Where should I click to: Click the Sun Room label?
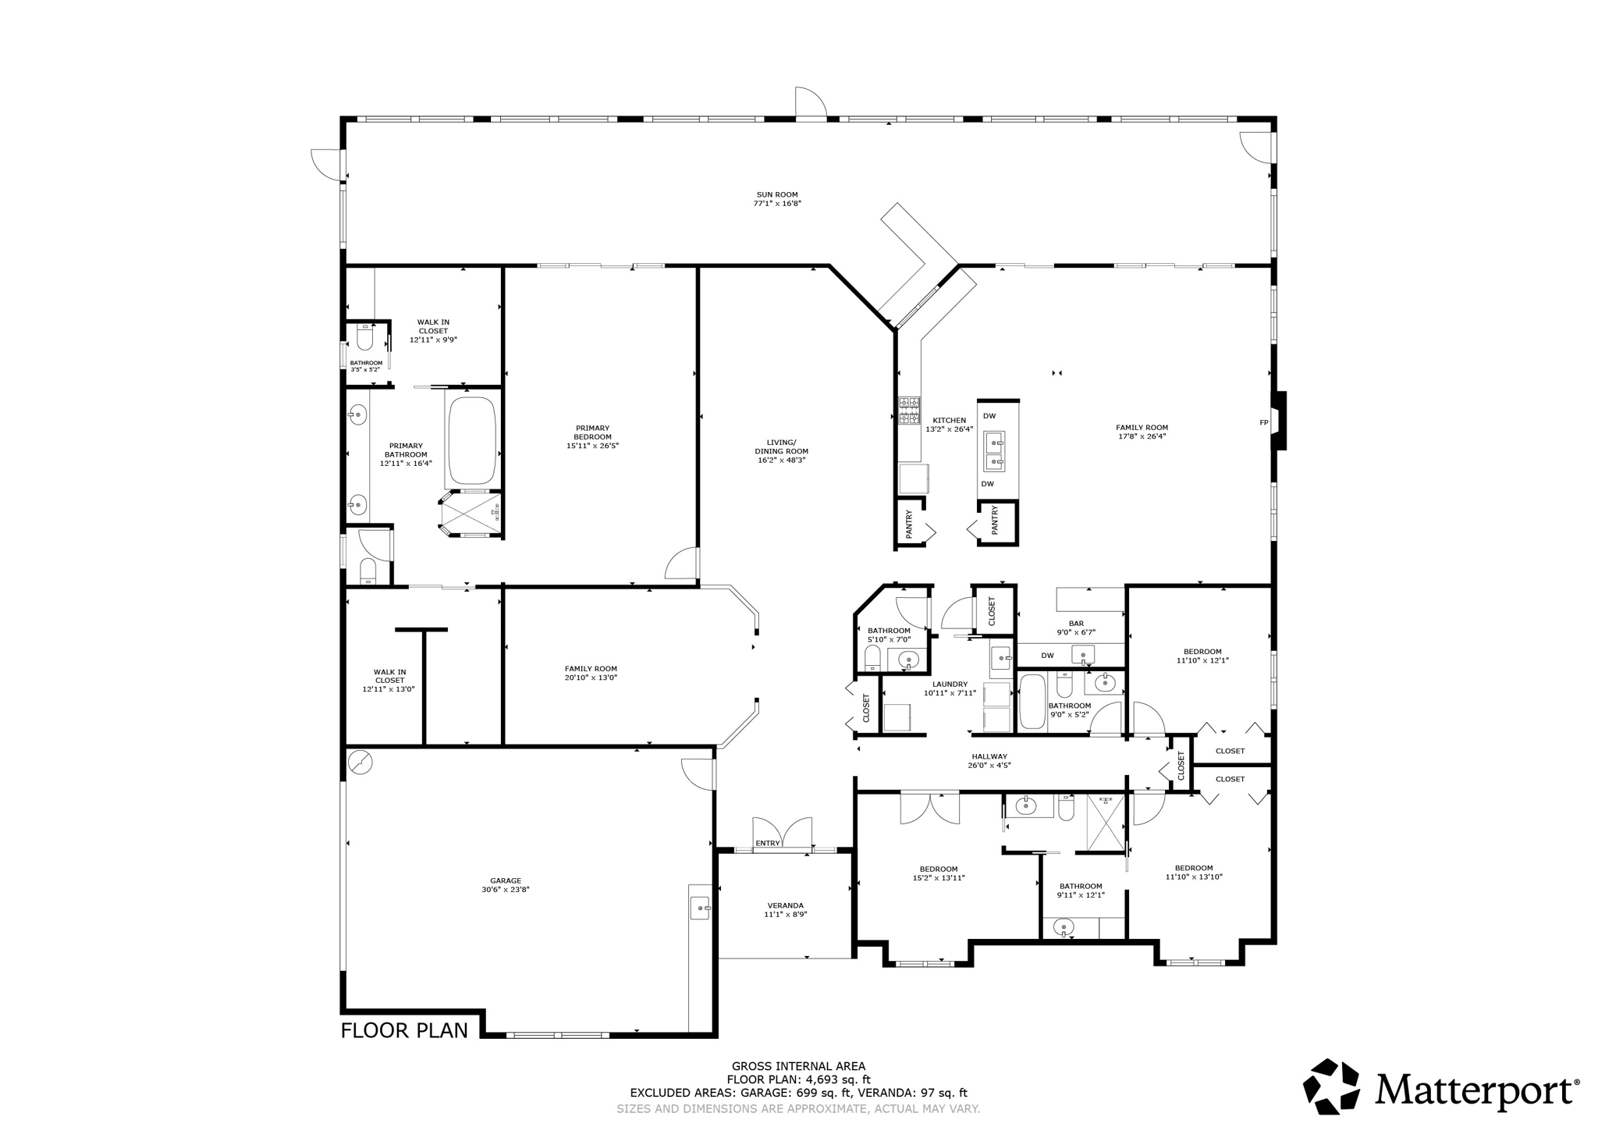(776, 195)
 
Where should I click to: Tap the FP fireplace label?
(1264, 423)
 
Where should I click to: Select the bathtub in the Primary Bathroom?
(472, 441)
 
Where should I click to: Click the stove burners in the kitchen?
(909, 411)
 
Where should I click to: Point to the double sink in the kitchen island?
(994, 452)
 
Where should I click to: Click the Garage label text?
(506, 880)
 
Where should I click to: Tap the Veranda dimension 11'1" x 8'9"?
(785, 914)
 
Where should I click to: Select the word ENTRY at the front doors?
(768, 843)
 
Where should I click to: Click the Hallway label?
(989, 756)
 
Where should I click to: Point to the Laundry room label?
(950, 684)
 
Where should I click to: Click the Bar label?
(1076, 624)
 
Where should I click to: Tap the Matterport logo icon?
(1331, 1087)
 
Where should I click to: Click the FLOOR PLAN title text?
(404, 1030)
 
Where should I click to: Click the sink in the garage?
(700, 908)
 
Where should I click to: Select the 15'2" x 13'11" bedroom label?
(939, 877)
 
